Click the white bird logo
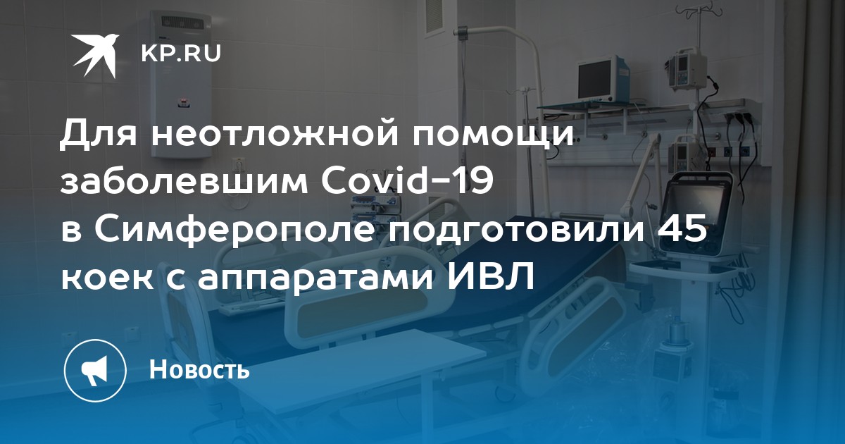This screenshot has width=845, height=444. click(x=94, y=55)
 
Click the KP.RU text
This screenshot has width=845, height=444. click(x=181, y=54)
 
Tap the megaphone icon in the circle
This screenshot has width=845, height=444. click(x=94, y=370)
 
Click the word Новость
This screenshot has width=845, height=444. click(x=199, y=369)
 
